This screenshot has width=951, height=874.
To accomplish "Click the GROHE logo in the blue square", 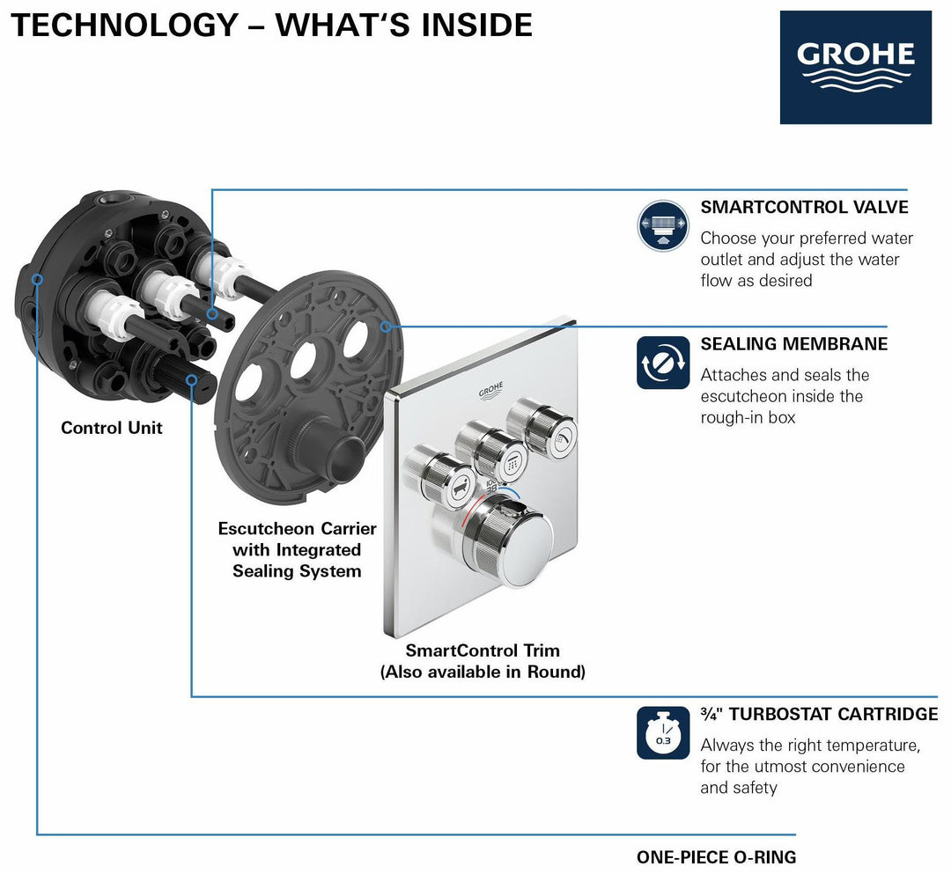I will point(855,67).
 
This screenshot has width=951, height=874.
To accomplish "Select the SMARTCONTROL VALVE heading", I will point(804,207).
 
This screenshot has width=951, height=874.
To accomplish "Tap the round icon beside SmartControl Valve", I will point(662,226).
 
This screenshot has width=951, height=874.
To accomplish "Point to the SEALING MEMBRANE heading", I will point(793,343).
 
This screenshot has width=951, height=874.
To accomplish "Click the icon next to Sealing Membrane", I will point(662,363).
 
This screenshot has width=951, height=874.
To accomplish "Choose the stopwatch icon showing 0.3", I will point(662,732).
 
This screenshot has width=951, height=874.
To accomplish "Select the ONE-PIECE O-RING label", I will point(716,856).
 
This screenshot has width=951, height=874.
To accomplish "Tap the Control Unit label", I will point(112,428).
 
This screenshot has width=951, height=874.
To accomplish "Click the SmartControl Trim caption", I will point(483,650).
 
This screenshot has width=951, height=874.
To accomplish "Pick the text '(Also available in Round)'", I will point(483,672).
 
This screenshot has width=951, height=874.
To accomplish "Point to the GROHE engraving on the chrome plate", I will point(491,390).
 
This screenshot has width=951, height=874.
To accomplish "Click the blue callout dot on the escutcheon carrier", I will point(386,326).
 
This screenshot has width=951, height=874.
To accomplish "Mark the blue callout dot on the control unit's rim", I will point(37,279).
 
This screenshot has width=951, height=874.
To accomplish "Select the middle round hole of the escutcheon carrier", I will point(305,361).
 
